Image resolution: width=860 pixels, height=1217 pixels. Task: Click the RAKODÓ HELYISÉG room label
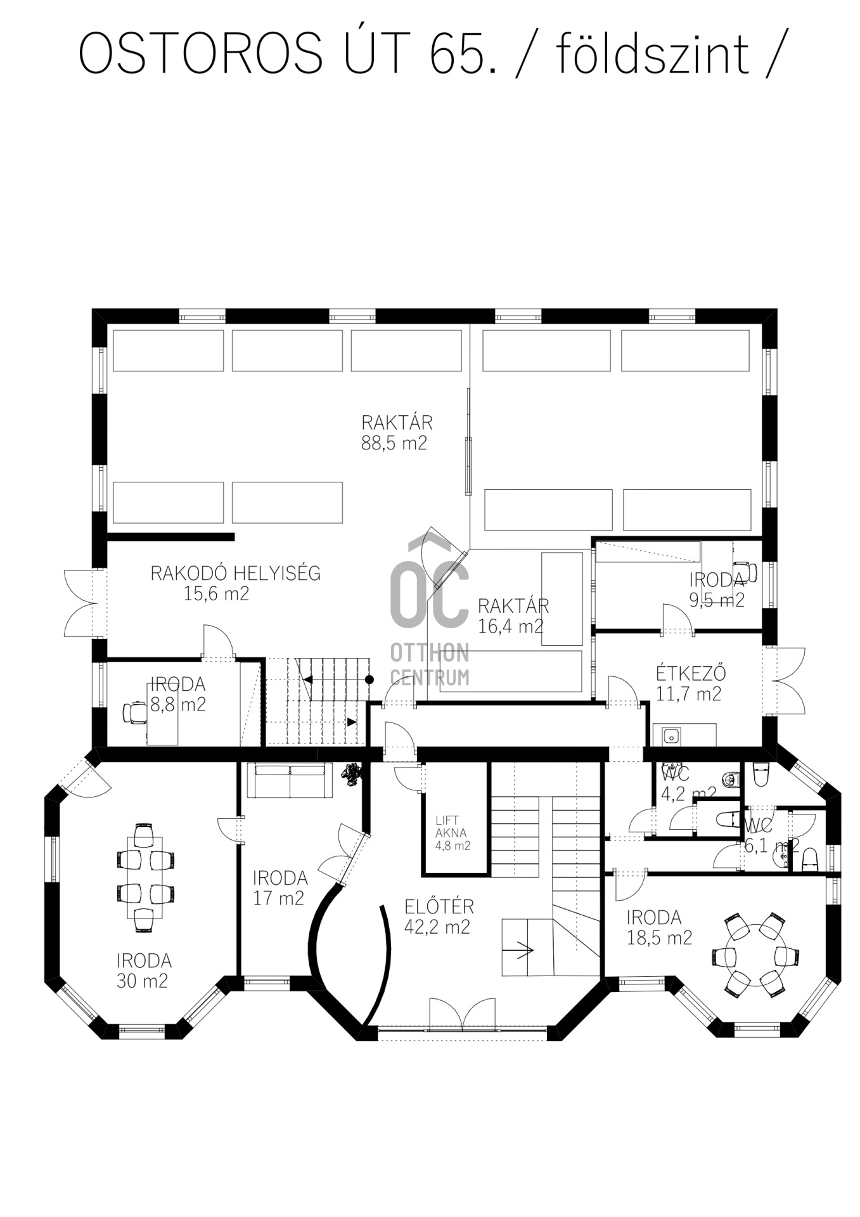(235, 574)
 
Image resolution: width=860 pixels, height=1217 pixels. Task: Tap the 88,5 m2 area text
(394, 443)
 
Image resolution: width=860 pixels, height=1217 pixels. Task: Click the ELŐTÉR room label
(439, 906)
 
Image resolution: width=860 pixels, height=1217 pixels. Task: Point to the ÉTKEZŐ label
(690, 673)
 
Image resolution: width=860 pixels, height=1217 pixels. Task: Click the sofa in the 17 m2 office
(290, 780)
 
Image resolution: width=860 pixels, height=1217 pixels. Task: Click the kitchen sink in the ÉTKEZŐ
(671, 736)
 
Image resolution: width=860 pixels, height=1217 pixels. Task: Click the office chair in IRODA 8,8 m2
(134, 712)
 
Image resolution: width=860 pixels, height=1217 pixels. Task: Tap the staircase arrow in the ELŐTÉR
(523, 950)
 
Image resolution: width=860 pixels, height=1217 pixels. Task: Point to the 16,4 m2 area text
(511, 627)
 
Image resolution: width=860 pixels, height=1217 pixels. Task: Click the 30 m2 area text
(142, 981)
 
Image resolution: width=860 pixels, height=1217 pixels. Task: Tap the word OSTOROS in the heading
(201, 53)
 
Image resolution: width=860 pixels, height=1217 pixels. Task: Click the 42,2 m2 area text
(437, 927)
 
